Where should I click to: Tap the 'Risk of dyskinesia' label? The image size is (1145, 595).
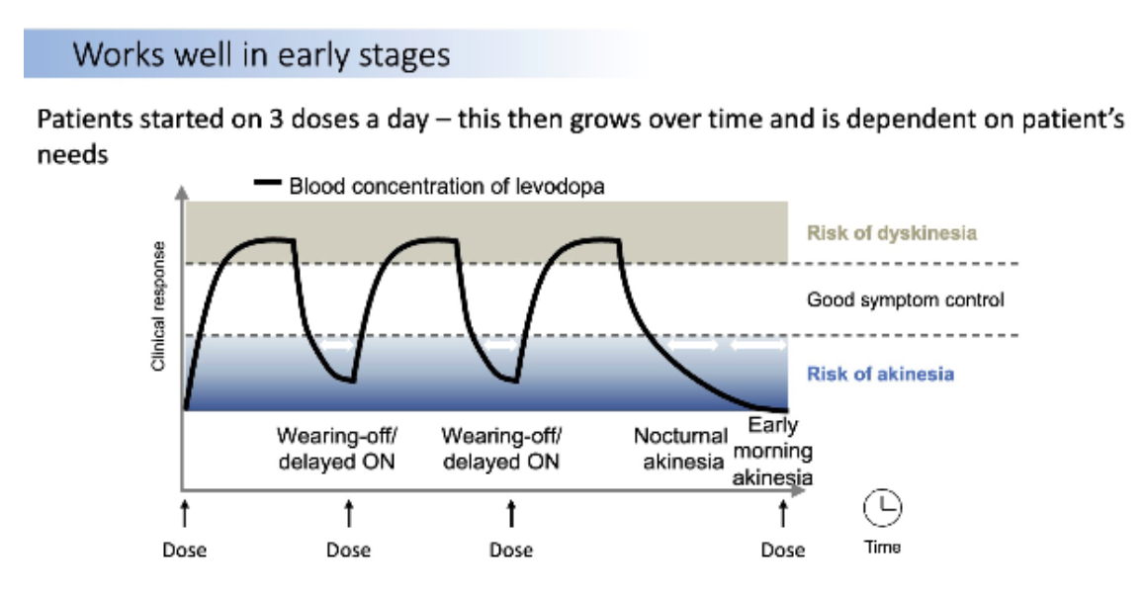pos(892,234)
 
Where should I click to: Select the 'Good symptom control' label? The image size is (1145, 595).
pos(905,299)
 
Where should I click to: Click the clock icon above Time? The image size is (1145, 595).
pos(884,508)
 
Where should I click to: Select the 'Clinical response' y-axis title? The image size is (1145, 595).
pos(157,305)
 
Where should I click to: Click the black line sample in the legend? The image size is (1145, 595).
pos(268,183)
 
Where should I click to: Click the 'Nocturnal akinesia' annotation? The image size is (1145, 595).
pos(681,448)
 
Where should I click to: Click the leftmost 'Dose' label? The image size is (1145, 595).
pos(184,551)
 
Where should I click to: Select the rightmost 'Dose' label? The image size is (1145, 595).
pos(782,551)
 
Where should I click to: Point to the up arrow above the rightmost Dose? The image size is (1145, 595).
pos(782,514)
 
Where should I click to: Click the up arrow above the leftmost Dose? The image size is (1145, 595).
pos(184,514)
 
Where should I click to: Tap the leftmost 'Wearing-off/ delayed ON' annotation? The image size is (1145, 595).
pos(336,448)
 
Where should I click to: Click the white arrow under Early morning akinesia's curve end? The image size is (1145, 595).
pos(758,347)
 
